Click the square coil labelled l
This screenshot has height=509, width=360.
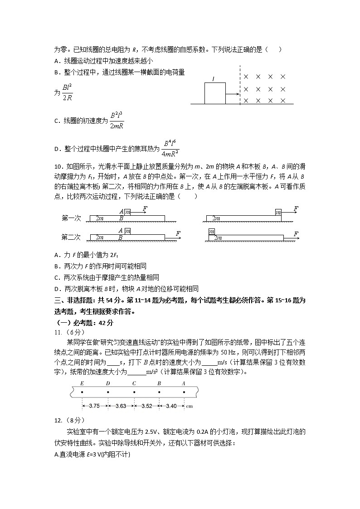pos(214,93)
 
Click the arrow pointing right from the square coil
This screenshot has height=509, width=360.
pos(232,94)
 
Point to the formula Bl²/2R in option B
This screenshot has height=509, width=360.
pos(67,92)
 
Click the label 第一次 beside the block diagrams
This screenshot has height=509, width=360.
pos(71,218)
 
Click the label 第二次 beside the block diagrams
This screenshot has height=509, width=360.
pos(71,237)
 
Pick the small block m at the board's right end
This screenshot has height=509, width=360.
pos(278,212)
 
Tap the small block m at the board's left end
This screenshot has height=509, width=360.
pos(211,232)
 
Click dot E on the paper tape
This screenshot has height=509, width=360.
pos(82,391)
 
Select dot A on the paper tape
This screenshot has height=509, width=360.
pos(184,391)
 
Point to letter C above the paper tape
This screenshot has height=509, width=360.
pos(134,383)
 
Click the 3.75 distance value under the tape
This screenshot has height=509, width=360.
pos(95,406)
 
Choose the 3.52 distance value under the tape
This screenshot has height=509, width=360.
pos(146,406)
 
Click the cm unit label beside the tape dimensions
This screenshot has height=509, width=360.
pos(190,406)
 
